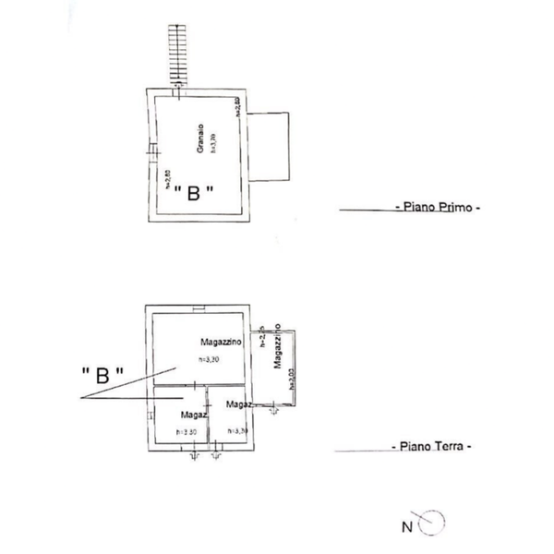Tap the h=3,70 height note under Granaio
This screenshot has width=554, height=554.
click(212, 145)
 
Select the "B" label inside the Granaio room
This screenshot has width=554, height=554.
click(195, 193)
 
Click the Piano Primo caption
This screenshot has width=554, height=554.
click(438, 209)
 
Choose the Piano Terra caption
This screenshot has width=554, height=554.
click(435, 446)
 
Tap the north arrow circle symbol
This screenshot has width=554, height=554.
click(433, 524)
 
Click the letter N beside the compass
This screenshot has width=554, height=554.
click(406, 528)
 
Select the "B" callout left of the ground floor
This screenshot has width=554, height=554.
click(102, 375)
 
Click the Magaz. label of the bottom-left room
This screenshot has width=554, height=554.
click(192, 415)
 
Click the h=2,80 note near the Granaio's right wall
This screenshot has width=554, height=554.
click(237, 106)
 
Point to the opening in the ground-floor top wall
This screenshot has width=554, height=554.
click(198, 307)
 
